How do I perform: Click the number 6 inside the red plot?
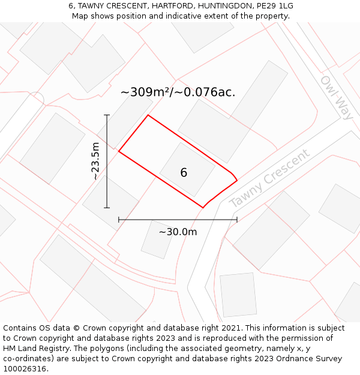[x=184, y=173]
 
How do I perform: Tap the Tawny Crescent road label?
[x=270, y=178]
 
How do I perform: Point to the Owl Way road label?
[x=337, y=97]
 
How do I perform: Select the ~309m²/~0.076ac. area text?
[x=178, y=92]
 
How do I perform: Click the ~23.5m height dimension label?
[x=95, y=161]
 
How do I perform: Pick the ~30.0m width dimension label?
[x=178, y=232]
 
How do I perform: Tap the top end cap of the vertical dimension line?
[x=107, y=115]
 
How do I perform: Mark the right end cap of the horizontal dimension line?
[x=237, y=220]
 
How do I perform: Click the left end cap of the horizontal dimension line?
[x=119, y=220]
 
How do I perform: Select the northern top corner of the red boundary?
[x=148, y=115]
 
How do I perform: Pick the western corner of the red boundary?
[x=119, y=151]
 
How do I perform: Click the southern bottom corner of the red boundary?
[x=203, y=208]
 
